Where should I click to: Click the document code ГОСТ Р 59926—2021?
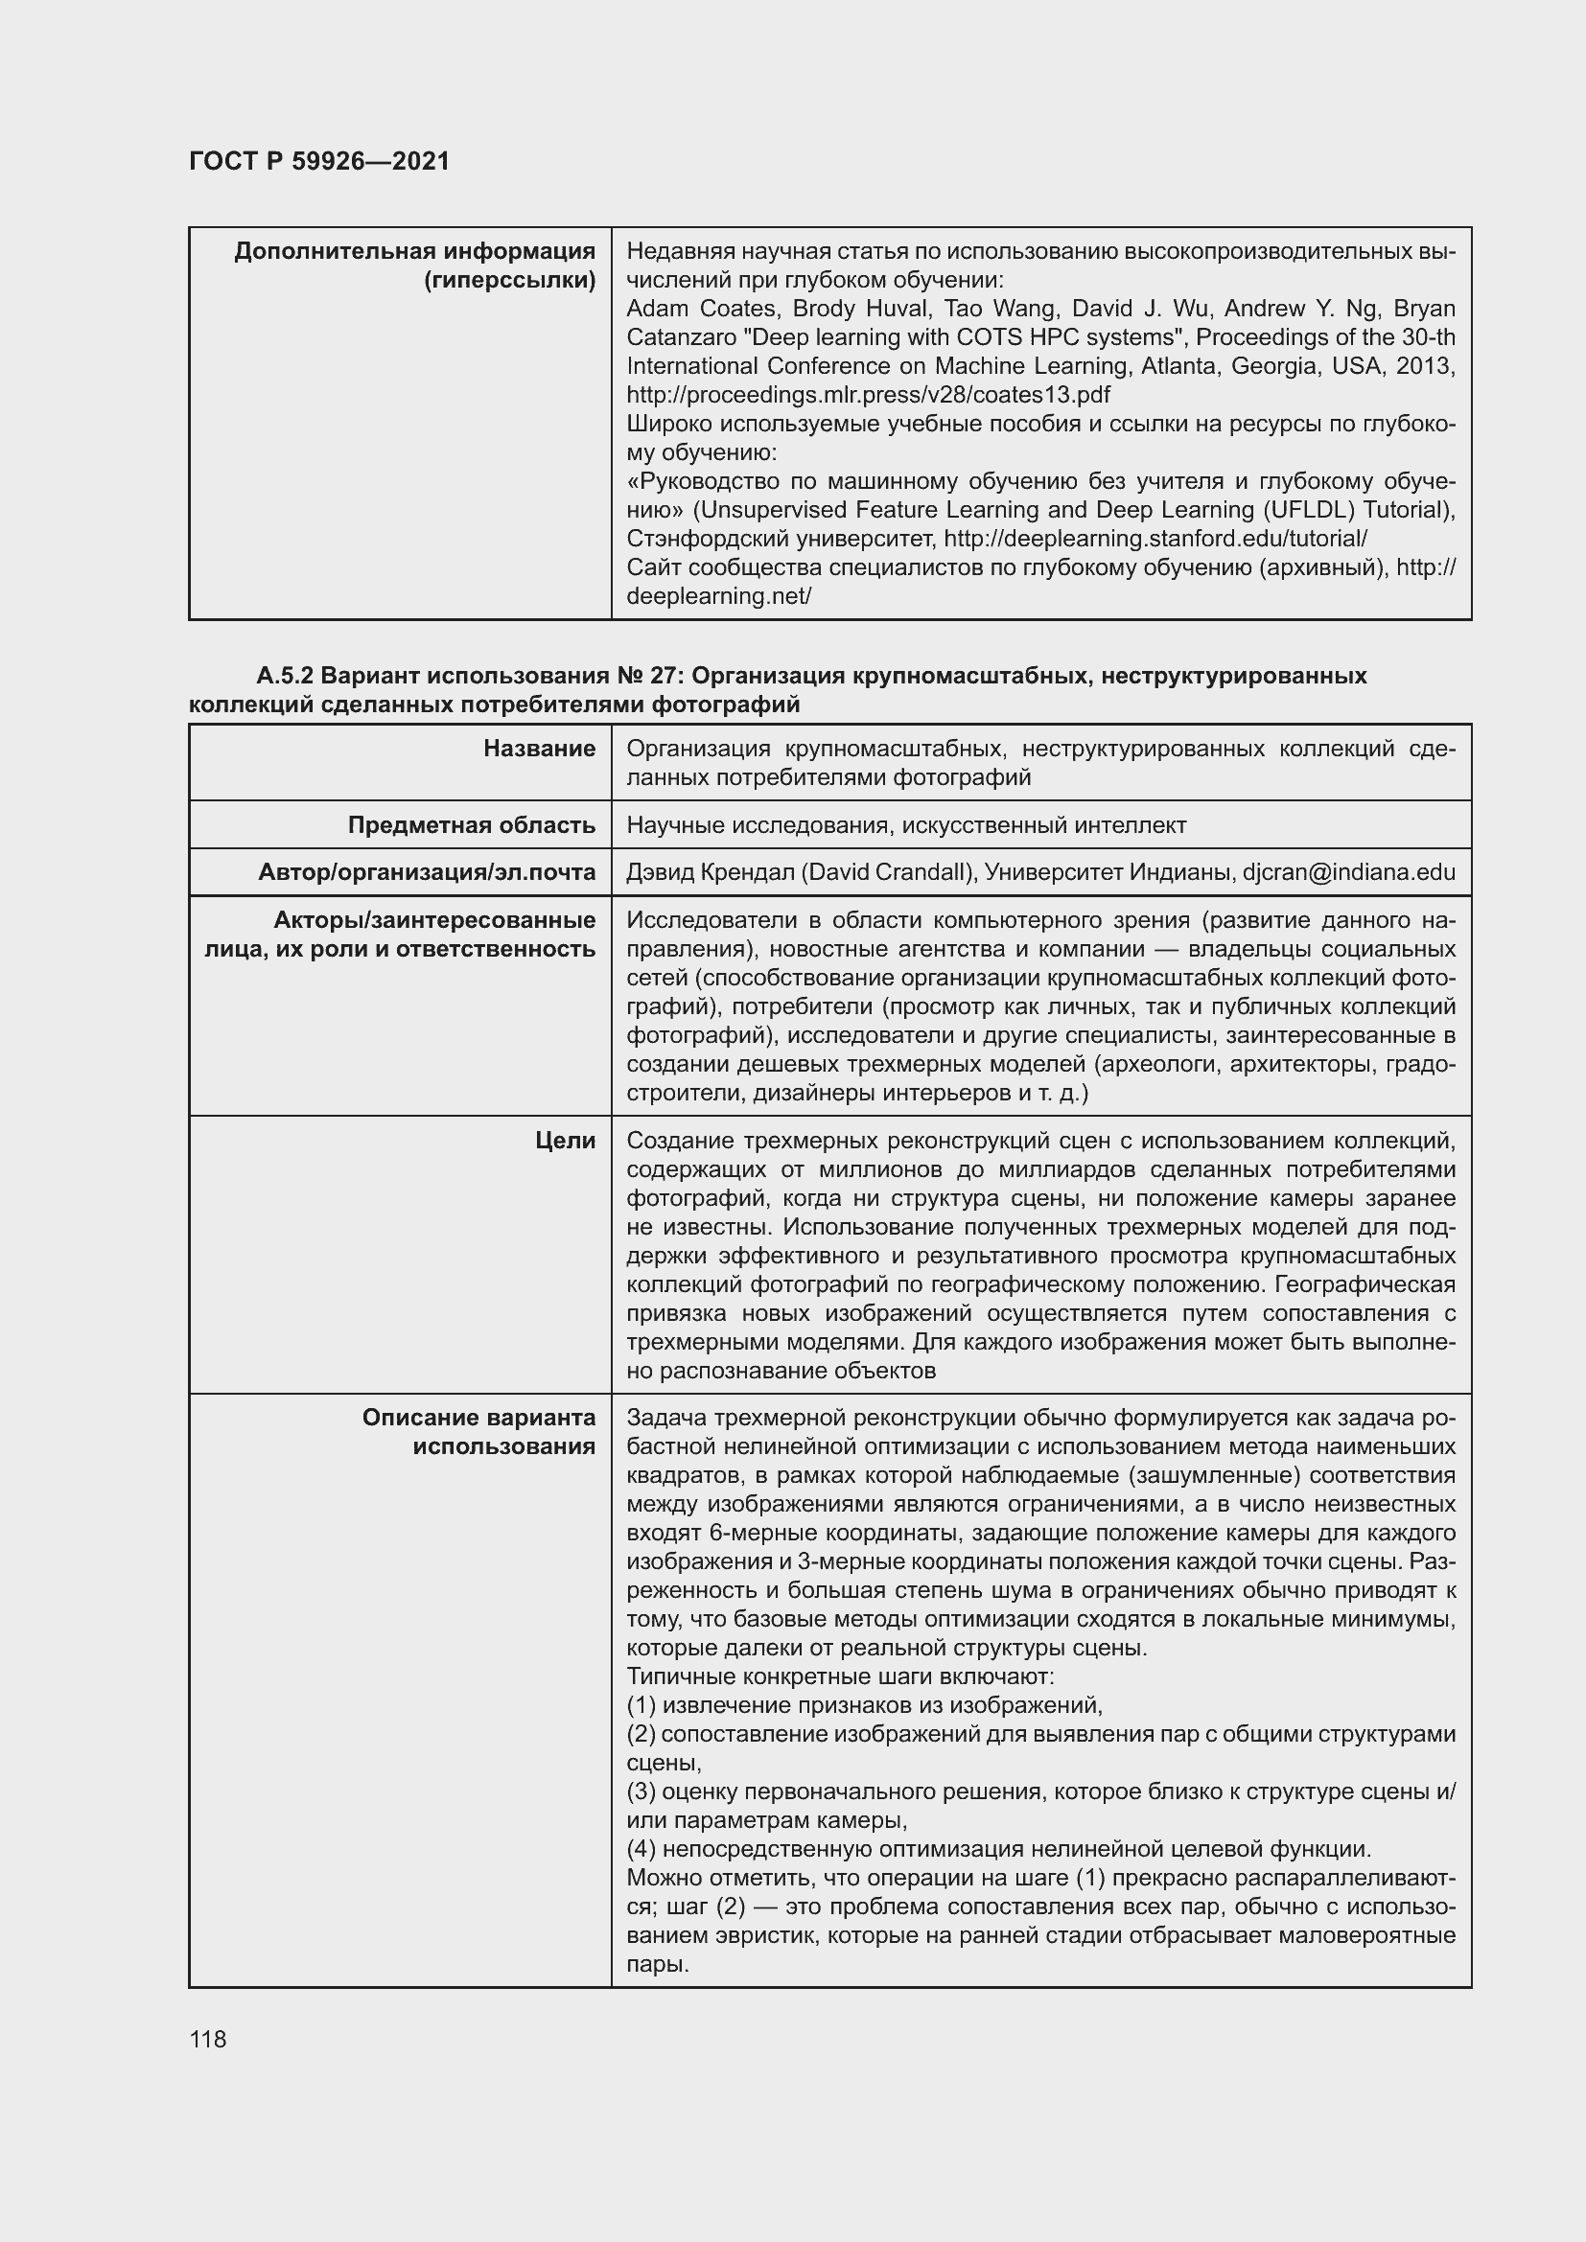(x=319, y=161)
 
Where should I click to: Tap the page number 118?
(x=208, y=2039)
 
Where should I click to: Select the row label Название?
(x=538, y=749)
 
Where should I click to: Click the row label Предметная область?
(x=471, y=825)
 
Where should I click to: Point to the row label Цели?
(x=565, y=1141)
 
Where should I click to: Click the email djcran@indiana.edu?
(x=1349, y=872)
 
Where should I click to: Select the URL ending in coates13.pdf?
(x=868, y=395)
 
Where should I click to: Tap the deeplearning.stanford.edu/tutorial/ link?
(x=1155, y=538)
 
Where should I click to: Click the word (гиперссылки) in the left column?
(x=510, y=280)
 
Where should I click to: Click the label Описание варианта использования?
(x=478, y=1431)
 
